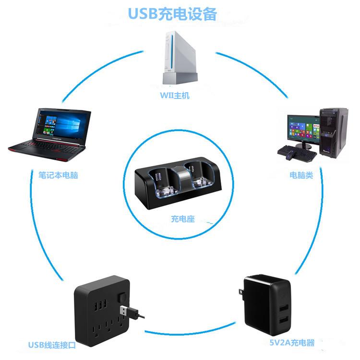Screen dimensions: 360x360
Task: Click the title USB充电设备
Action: [x=172, y=13]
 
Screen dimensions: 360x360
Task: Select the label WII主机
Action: [x=175, y=96]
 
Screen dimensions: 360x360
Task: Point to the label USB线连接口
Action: [x=52, y=345]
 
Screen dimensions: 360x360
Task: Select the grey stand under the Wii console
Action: [x=180, y=78]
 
